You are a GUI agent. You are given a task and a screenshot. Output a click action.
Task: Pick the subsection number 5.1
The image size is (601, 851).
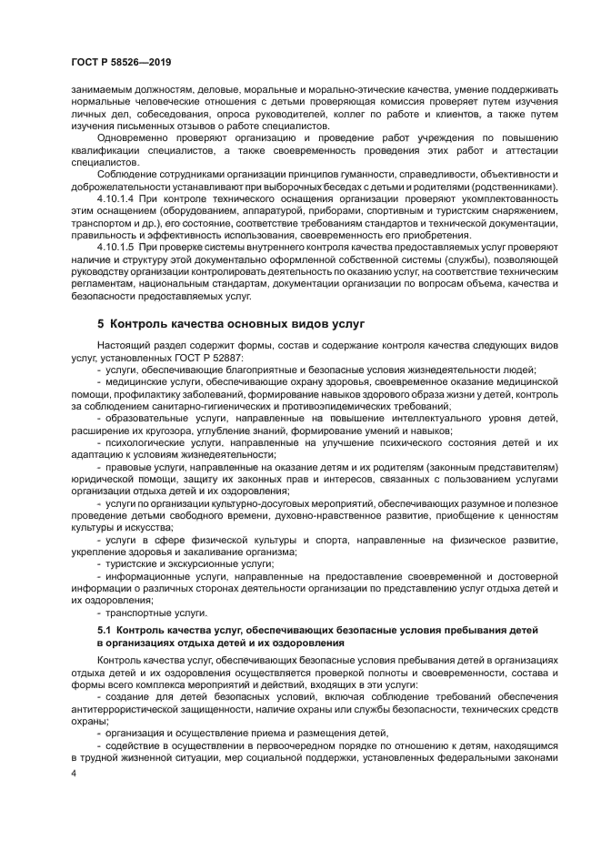(x=104, y=630)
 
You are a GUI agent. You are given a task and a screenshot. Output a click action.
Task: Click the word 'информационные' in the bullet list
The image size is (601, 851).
(x=146, y=576)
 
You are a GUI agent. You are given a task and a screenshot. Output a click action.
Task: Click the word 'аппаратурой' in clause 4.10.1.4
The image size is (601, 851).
(x=242, y=210)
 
